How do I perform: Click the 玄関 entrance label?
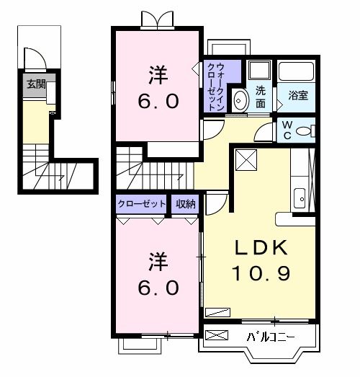click(36, 84)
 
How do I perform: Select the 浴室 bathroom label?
click(298, 94)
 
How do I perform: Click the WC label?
click(287, 129)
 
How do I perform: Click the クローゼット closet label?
click(141, 204)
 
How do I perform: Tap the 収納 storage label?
click(186, 204)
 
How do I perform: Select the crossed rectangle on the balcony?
click(218, 336)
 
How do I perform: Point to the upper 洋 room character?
click(157, 74)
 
